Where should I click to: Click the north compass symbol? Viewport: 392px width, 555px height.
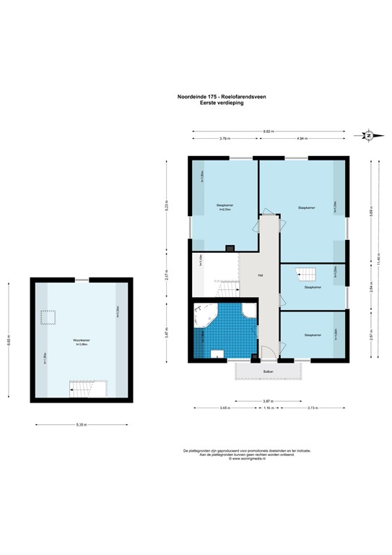(368, 135)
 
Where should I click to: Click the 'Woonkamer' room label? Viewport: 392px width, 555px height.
(81, 340)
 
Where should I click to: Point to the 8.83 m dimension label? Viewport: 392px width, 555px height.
(267, 131)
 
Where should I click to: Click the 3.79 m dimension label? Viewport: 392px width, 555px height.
(225, 138)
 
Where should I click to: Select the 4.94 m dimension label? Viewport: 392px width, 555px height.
(302, 138)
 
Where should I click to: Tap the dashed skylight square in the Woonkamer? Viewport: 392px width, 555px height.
(49, 317)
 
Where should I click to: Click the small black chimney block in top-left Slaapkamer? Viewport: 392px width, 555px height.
(230, 248)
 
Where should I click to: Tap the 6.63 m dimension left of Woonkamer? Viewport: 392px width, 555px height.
(9, 340)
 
